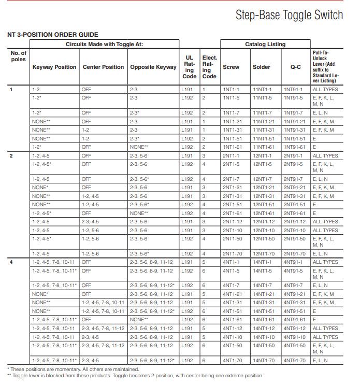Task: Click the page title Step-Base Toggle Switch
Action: pyautogui.click(x=289, y=15)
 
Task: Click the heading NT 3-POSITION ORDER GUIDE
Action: pyautogui.click(x=52, y=35)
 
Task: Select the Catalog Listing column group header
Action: pyautogui.click(x=265, y=45)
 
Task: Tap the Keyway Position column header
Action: pyautogui.click(x=54, y=67)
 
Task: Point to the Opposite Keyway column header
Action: pyautogui.click(x=153, y=67)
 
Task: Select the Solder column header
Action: pyautogui.click(x=261, y=67)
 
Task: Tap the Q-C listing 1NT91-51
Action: pyautogui.click(x=294, y=138)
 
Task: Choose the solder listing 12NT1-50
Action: pyautogui.click(x=264, y=238)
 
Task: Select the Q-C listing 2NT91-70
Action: pyautogui.click(x=295, y=254)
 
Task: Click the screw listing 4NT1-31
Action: pyautogui.click(x=232, y=302)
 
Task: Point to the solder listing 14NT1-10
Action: pyautogui.click(x=264, y=337)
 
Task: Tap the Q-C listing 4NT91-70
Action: pyautogui.click(x=295, y=360)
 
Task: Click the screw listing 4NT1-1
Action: pyautogui.click(x=231, y=262)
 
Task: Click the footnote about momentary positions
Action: pyautogui.click(x=73, y=369)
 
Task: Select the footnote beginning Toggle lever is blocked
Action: pyautogui.click(x=135, y=376)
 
